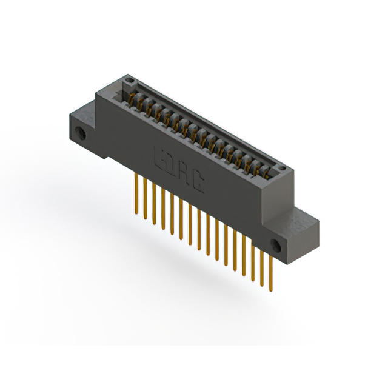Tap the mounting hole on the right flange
276,245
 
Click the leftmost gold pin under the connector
137,193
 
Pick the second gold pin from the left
145,199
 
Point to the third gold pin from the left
155,204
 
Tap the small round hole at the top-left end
127,80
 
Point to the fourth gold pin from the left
164,209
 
